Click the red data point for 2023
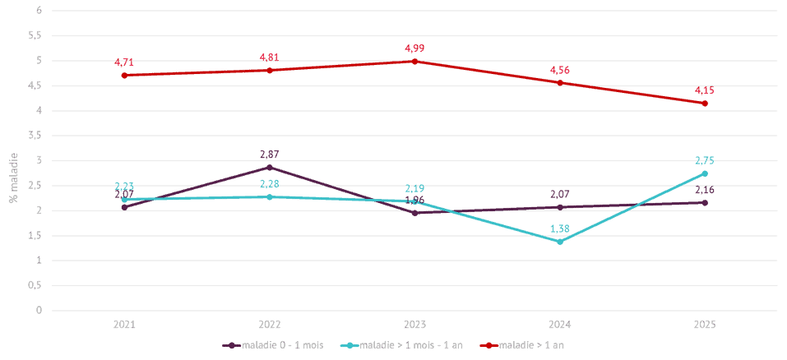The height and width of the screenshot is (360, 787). [414, 61]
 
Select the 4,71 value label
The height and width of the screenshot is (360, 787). [125, 62]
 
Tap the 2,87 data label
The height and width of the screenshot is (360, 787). [270, 154]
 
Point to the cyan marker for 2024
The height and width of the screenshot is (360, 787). [560, 241]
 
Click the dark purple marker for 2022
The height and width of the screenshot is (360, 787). [270, 167]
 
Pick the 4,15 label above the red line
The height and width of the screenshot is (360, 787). [705, 90]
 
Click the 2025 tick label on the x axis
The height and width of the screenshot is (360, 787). [705, 325]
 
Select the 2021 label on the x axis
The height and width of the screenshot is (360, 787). [125, 325]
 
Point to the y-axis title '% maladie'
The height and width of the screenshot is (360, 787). [12, 176]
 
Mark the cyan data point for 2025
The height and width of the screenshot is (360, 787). [705, 173]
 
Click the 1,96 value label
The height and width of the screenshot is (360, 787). [414, 222]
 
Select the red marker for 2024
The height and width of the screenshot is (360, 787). [560, 82]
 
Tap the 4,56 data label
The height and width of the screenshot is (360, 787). [560, 69]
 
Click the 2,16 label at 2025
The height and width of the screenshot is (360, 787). [705, 190]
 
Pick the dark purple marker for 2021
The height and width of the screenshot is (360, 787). [125, 207]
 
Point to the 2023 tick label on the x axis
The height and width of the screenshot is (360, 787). [414, 325]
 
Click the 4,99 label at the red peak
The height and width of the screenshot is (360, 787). [414, 48]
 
